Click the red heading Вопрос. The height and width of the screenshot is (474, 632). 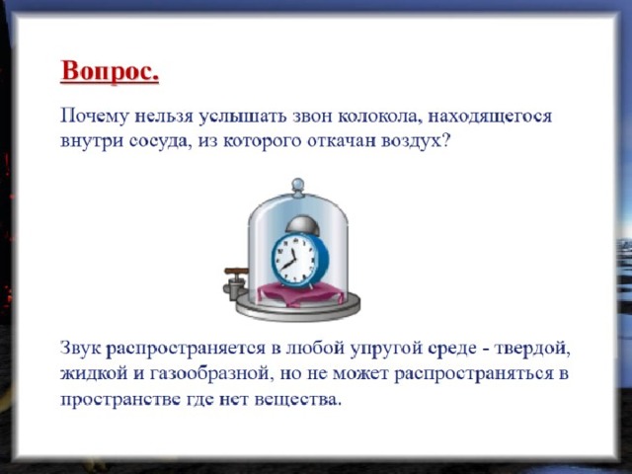(110, 72)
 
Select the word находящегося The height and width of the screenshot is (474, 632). (490, 117)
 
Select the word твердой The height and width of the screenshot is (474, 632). (532, 349)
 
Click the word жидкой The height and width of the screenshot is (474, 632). (92, 374)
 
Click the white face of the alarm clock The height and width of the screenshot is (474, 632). (293, 259)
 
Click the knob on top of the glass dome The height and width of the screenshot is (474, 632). (298, 187)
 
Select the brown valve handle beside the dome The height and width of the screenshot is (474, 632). (235, 271)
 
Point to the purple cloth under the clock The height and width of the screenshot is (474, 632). (300, 293)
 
